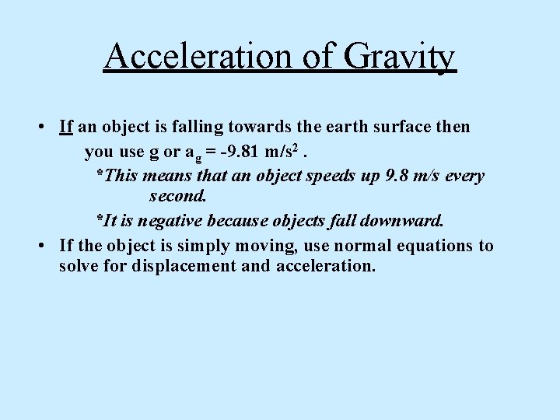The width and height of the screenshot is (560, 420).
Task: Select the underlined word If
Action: (66, 126)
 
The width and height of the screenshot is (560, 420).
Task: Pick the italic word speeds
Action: (334, 176)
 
